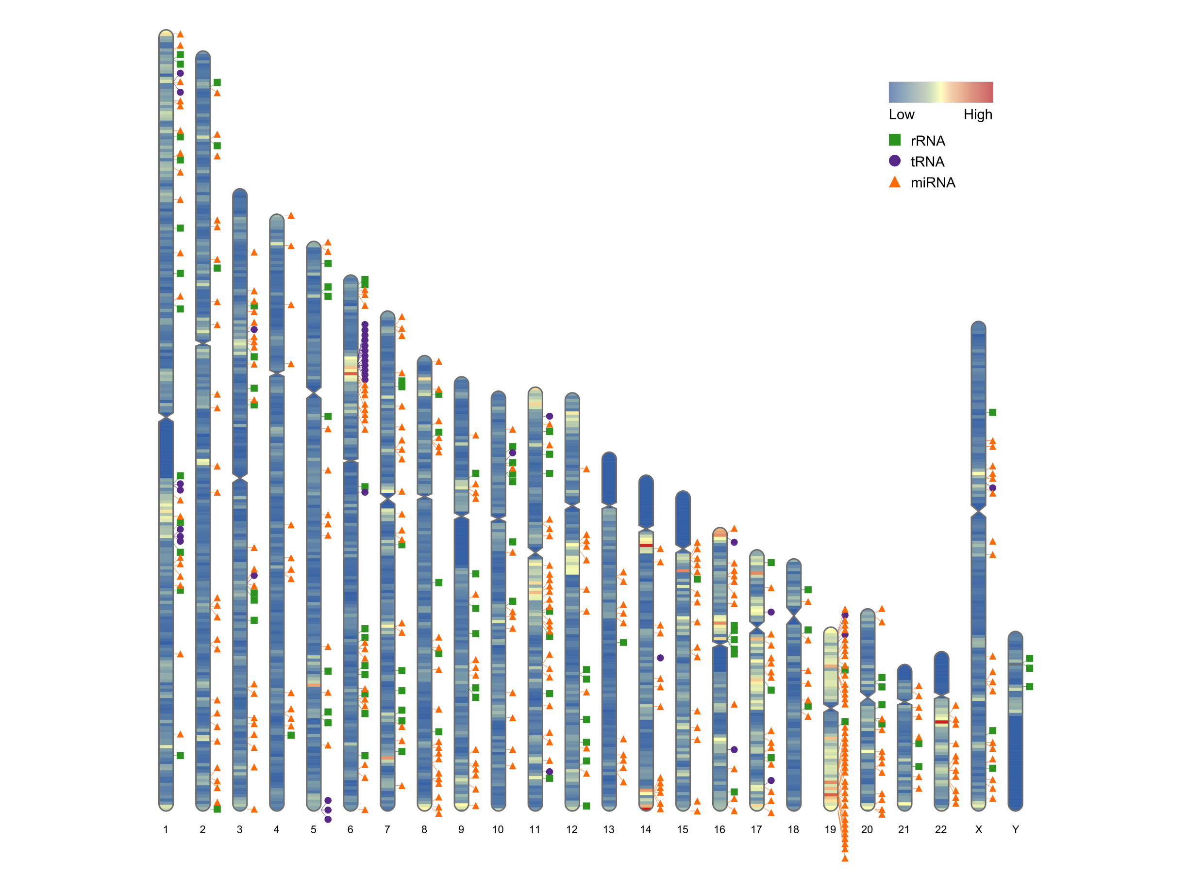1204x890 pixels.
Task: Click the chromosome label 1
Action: (x=166, y=830)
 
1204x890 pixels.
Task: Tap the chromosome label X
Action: (x=979, y=830)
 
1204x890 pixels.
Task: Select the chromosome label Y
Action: (x=1015, y=830)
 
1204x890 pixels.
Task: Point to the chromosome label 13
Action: (x=609, y=830)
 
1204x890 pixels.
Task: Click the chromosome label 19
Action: (x=830, y=830)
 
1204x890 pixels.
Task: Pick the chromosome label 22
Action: (x=941, y=830)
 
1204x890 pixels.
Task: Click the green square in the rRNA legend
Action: (x=895, y=140)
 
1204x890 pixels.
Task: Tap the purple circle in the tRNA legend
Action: (x=895, y=161)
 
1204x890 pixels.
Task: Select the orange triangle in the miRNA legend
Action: (x=895, y=182)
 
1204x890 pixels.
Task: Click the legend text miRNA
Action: (x=933, y=183)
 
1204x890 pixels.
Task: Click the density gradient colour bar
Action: (x=941, y=92)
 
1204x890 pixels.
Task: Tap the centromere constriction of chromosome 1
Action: (x=166, y=417)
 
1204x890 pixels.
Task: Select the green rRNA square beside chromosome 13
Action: (x=623, y=642)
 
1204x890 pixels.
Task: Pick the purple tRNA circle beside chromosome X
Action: (x=993, y=487)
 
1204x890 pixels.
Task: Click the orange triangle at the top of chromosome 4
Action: (x=291, y=215)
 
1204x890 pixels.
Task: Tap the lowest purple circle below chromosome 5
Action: (x=328, y=819)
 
